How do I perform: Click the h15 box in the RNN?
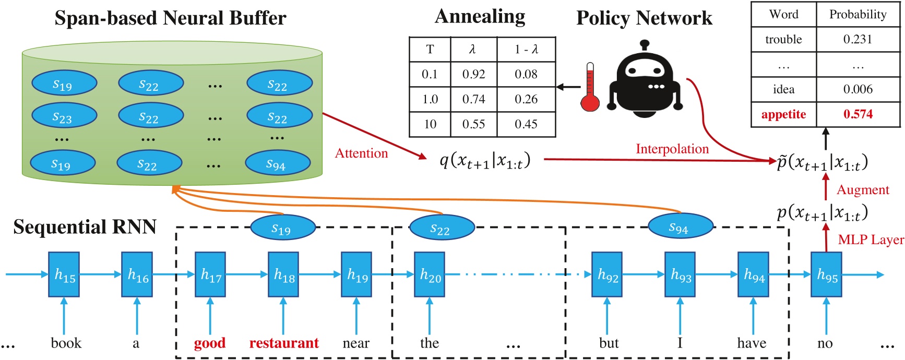(64, 274)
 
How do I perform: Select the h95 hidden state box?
(826, 274)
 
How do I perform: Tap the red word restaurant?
(283, 343)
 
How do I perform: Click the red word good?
(209, 343)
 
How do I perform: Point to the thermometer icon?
(590, 88)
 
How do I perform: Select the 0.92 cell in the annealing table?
(473, 74)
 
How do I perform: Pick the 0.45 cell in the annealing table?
(526, 124)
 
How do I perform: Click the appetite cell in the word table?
(783, 114)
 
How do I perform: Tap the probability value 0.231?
(858, 39)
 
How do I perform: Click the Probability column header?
(858, 14)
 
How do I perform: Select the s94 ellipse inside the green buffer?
(277, 164)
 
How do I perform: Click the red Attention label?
(361, 153)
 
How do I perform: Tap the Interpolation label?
(672, 149)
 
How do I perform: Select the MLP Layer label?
(870, 239)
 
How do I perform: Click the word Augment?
(862, 190)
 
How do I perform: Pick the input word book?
(66, 343)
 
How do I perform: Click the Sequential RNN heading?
(85, 227)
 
